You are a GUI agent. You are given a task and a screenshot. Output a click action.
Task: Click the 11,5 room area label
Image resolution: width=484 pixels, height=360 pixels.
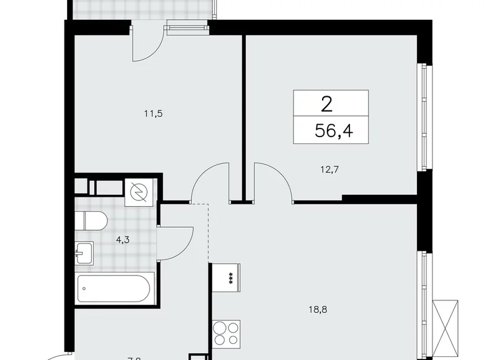[x=146, y=113]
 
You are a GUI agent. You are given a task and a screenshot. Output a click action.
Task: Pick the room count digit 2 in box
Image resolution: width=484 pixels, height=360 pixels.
[x=326, y=104]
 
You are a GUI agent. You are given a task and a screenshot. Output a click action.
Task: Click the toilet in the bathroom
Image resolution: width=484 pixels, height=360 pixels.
[x=93, y=220]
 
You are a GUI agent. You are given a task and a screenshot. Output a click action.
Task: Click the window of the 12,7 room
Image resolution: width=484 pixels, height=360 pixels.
[x=424, y=118]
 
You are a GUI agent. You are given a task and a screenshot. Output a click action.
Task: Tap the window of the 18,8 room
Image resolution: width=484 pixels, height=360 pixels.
[x=424, y=304]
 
